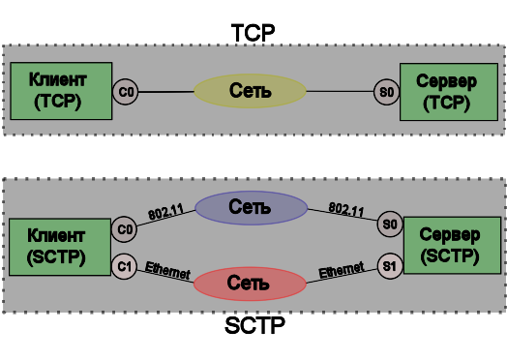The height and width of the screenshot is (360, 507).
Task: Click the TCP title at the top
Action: [253, 31]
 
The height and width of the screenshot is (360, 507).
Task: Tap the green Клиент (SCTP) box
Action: [55, 247]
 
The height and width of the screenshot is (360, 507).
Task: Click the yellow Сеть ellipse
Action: [250, 92]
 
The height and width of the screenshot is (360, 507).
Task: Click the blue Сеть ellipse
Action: [250, 206]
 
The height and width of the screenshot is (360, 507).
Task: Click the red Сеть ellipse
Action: [250, 284]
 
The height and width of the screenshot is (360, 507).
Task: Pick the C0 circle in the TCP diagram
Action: [125, 92]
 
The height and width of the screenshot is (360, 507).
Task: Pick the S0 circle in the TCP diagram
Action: [385, 93]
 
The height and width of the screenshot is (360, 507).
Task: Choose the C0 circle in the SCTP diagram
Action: [124, 229]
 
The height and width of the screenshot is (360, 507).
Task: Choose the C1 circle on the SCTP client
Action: [124, 264]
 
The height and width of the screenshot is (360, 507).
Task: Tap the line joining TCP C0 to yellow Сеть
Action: [164, 92]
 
